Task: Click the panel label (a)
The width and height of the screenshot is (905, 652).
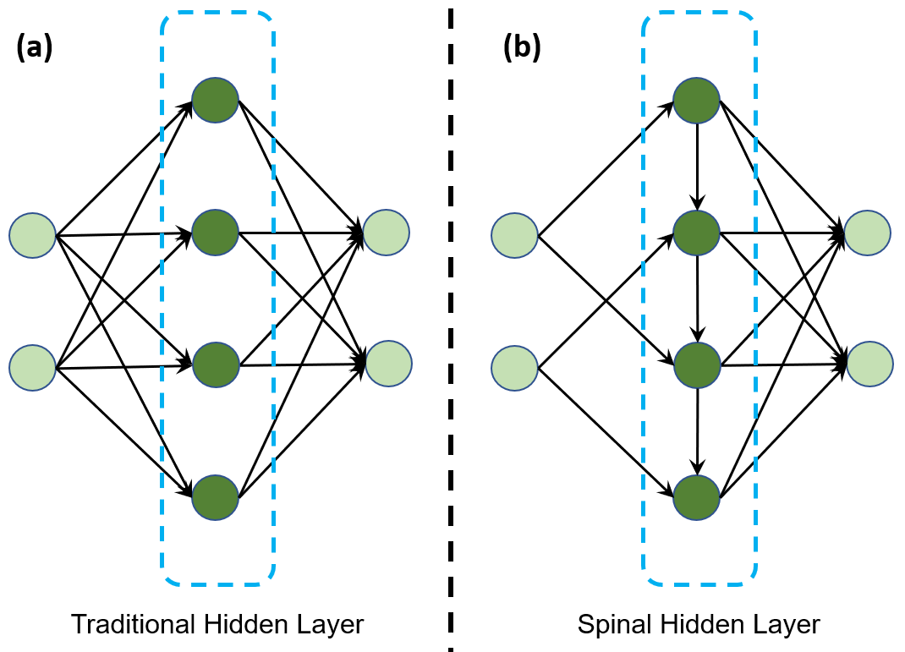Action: click(35, 47)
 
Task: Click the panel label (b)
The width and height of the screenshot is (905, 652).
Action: click(523, 47)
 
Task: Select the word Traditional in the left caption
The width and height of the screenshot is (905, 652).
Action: click(133, 624)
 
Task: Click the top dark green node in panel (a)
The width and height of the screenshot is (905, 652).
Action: click(216, 100)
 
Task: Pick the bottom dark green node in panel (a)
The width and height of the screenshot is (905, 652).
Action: click(216, 497)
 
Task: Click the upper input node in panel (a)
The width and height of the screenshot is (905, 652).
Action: click(32, 235)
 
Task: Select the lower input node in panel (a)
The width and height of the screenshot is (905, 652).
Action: click(32, 368)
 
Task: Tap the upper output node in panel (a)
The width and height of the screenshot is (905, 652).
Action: click(387, 233)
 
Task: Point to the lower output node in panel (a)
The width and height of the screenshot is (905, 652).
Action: click(388, 364)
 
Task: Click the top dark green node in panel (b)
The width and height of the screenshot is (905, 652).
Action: click(697, 101)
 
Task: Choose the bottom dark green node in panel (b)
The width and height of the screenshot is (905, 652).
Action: click(697, 497)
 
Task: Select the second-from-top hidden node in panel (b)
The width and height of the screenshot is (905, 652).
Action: click(697, 233)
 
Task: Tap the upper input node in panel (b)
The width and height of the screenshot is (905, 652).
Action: click(515, 235)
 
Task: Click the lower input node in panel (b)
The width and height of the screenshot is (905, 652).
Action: click(515, 368)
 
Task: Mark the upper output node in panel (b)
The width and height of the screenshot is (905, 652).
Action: click(868, 233)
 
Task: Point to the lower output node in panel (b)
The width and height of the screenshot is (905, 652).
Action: click(869, 364)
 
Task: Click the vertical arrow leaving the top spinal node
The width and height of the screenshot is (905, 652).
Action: click(697, 167)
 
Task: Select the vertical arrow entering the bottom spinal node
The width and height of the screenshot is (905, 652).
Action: click(698, 431)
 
